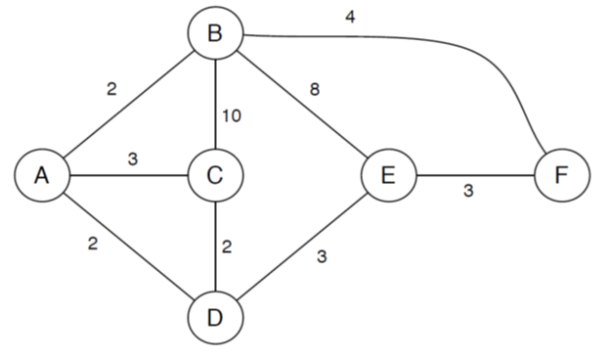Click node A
(41, 176)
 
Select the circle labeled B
(215, 34)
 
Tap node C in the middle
(215, 176)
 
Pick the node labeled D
(215, 318)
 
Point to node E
(388, 176)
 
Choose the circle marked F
(561, 176)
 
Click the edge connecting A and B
(127, 106)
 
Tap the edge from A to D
(127, 247)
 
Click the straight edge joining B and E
(301, 105)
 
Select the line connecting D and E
(301, 247)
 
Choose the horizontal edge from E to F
(474, 176)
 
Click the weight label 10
(232, 115)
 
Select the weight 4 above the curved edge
(350, 17)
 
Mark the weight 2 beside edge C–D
(227, 246)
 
